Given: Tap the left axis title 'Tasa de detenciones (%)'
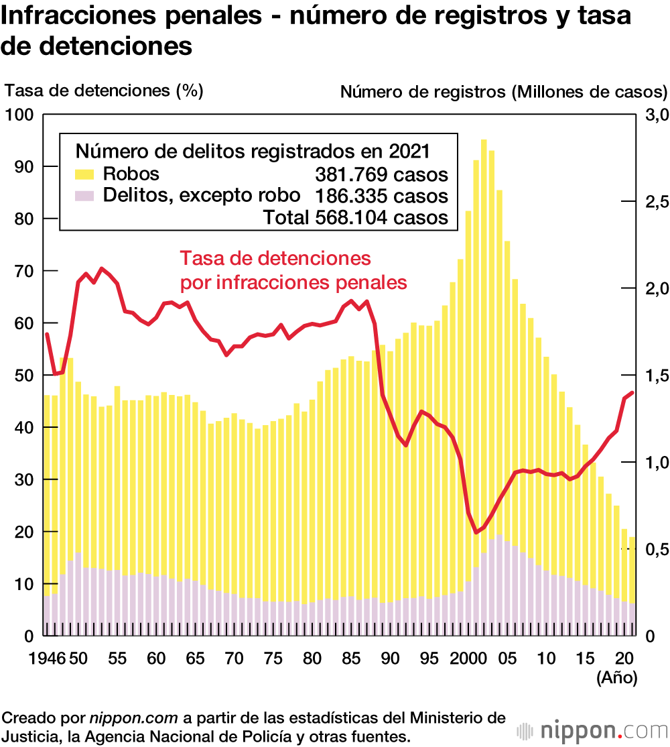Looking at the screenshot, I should click(104, 90).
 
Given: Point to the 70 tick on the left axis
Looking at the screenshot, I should click(23, 271).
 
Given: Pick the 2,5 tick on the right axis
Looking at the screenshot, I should click(656, 201).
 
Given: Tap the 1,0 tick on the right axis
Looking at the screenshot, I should click(656, 462).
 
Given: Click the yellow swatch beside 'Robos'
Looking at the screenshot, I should click(84, 156).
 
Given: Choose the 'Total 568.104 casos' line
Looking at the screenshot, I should click(355, 217).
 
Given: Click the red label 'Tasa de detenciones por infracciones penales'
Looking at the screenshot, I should click(293, 270).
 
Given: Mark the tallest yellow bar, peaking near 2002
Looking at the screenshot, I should click(484, 376).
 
